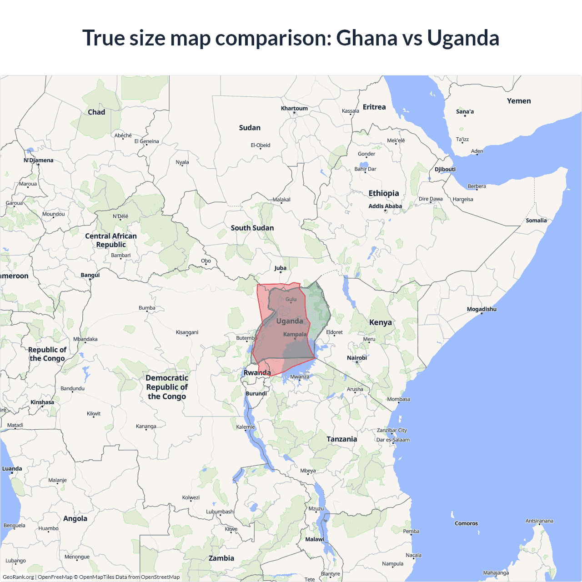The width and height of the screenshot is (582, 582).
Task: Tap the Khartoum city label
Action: pos(294,108)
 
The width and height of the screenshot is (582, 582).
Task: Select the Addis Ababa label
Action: pos(385,206)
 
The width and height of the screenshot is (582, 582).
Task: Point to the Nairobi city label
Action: pos(357,358)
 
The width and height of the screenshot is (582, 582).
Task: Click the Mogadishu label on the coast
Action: pos(482,309)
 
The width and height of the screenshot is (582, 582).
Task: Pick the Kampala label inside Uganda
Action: pos(295,334)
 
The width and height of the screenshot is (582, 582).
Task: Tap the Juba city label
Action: pos(281,268)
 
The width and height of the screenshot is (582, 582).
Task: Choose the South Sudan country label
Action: pos(252,228)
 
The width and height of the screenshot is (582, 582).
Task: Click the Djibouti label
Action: pos(445,169)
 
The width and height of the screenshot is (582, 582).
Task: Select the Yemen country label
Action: pos(519,101)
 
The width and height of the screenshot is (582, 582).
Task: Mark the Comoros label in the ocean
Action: pos(466,523)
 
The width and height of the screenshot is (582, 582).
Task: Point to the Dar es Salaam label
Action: pos(393,440)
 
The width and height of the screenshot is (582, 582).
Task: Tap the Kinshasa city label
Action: pos(42,402)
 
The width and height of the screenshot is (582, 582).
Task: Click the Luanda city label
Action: pos(12,468)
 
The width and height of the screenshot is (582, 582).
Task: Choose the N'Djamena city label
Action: pos(39,160)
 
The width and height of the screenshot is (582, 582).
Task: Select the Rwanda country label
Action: pos(257,372)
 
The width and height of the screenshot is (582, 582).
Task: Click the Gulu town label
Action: pos(291,299)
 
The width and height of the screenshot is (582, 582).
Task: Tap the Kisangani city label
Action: pos(187,332)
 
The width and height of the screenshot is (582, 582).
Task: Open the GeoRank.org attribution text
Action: pos(18,577)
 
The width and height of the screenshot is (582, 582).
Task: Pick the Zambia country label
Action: pos(221,558)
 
